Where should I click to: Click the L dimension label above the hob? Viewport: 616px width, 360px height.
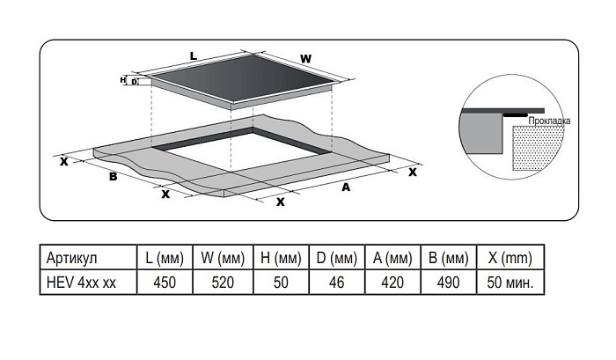pyautogui.click(x=194, y=56)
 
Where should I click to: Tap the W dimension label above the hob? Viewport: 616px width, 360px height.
pyautogui.click(x=305, y=59)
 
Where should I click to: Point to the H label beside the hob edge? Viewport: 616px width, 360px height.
pyautogui.click(x=122, y=80)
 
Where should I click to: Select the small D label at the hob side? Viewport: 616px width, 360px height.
pyautogui.click(x=135, y=82)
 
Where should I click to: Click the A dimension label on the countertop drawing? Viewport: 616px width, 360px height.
pyautogui.click(x=346, y=187)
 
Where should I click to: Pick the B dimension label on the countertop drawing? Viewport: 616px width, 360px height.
pyautogui.click(x=114, y=176)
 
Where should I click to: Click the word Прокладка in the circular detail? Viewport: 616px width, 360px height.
pyautogui.click(x=549, y=121)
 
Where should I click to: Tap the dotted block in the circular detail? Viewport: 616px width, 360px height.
pyautogui.click(x=538, y=148)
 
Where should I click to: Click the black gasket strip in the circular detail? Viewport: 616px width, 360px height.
pyautogui.click(x=516, y=115)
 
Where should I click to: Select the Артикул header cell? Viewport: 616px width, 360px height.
pyautogui.click(x=71, y=258)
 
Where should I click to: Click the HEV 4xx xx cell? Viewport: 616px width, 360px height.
pyautogui.click(x=81, y=283)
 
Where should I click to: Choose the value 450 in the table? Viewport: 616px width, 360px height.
pyautogui.click(x=165, y=283)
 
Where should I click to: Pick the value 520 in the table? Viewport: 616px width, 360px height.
pyautogui.click(x=223, y=283)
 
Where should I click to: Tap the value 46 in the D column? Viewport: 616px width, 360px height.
pyautogui.click(x=337, y=283)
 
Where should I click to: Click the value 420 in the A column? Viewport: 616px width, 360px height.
pyautogui.click(x=392, y=283)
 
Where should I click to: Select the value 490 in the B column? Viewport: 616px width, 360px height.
pyautogui.click(x=448, y=283)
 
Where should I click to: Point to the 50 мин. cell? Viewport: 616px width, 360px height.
pyautogui.click(x=510, y=283)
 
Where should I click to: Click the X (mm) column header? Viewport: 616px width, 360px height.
pyautogui.click(x=510, y=258)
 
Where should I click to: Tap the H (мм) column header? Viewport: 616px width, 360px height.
pyautogui.click(x=281, y=258)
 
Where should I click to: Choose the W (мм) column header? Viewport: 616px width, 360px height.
pyautogui.click(x=223, y=258)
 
